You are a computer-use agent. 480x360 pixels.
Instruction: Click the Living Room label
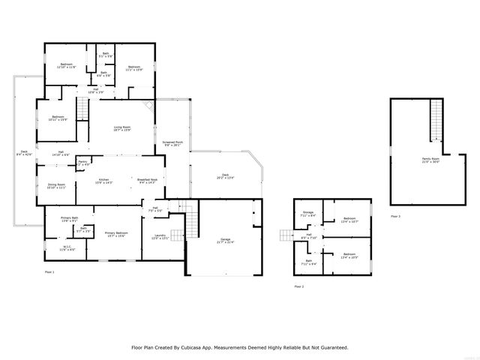coord(122,128)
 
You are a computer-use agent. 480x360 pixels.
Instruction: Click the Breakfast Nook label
coord(147,181)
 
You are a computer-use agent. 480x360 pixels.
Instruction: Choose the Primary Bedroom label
coord(116,234)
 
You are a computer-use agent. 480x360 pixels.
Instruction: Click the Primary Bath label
coord(70,219)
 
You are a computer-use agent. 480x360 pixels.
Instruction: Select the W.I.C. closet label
coord(67,247)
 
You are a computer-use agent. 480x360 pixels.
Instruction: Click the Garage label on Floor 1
coord(225,240)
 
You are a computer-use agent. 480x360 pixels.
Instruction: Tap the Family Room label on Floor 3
coord(430,159)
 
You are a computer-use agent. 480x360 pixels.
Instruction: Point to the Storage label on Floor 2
coord(307,213)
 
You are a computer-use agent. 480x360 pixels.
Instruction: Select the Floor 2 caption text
coord(299,286)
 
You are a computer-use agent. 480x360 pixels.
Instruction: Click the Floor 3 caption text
coord(395,216)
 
